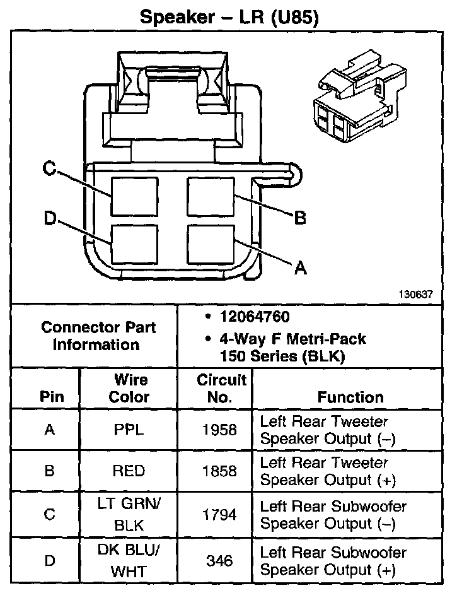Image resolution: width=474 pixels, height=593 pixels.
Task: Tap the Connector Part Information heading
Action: click(98, 336)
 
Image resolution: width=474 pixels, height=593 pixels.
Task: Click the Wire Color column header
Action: click(130, 389)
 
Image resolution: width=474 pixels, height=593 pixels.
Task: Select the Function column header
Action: click(350, 397)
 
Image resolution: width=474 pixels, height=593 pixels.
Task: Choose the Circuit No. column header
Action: click(221, 389)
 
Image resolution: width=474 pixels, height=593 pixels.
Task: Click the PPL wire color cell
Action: click(130, 430)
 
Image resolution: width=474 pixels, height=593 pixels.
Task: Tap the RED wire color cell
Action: click(130, 471)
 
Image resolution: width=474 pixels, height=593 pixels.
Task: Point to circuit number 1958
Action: click(219, 430)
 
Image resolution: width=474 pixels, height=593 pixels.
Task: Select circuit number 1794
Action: click(219, 515)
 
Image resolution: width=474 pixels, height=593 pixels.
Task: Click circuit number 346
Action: click(219, 560)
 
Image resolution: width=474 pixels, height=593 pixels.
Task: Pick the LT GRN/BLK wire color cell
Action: click(130, 515)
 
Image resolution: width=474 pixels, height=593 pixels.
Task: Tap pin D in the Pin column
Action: click(49, 560)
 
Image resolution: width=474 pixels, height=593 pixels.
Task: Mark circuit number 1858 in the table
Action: click(219, 471)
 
